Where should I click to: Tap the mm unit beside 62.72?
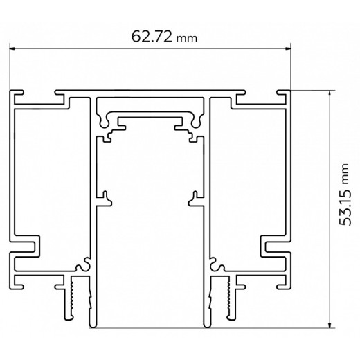coord(187,39)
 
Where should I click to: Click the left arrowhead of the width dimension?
coord(12,48)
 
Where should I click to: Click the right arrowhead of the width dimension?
coord(287,48)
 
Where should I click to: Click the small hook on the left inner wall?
coord(106,199)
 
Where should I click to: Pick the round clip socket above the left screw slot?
coord(85,264)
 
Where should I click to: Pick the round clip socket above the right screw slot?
coord(214,264)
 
